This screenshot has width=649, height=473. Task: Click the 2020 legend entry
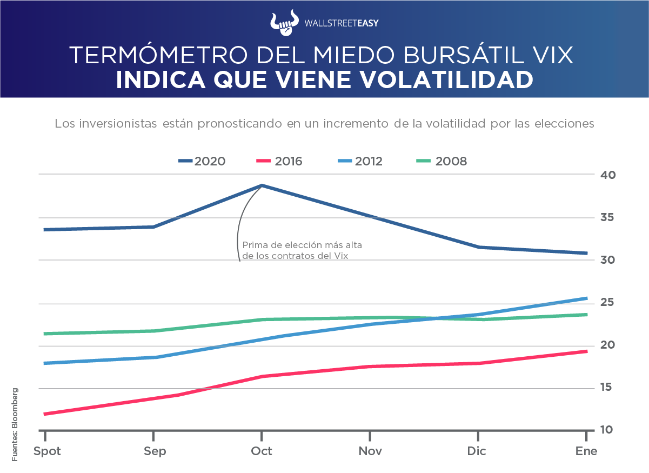tap(202, 161)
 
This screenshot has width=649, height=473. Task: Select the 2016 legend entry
tap(279, 161)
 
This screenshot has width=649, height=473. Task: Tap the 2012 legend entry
tap(360, 161)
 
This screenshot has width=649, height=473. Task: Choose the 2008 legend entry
tap(441, 161)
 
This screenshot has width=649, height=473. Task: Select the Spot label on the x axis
tap(47, 451)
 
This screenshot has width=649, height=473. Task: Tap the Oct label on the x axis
tap(262, 451)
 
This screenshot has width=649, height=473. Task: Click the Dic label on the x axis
tap(478, 451)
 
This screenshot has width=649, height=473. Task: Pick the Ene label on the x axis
tap(586, 451)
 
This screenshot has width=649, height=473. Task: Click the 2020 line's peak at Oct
tap(262, 185)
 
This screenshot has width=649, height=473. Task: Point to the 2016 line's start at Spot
tap(44, 414)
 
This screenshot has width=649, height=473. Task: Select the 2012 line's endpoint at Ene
tap(586, 298)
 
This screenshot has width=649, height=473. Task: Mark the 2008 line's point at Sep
tap(153, 331)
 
